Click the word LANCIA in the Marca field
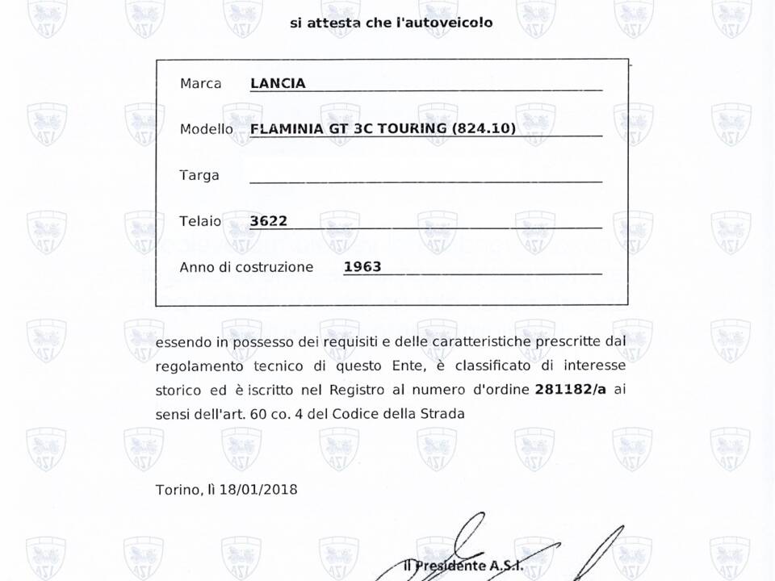click(x=278, y=83)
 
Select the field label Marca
click(x=200, y=84)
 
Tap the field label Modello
click(x=206, y=129)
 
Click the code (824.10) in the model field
click(x=484, y=128)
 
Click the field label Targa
click(x=199, y=175)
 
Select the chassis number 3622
click(x=269, y=220)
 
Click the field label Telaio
click(x=200, y=221)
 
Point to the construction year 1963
click(x=362, y=266)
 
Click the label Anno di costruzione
click(x=246, y=267)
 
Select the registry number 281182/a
click(x=570, y=389)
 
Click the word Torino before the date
click(x=178, y=490)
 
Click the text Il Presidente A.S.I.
click(x=463, y=565)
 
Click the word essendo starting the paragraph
click(x=183, y=341)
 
